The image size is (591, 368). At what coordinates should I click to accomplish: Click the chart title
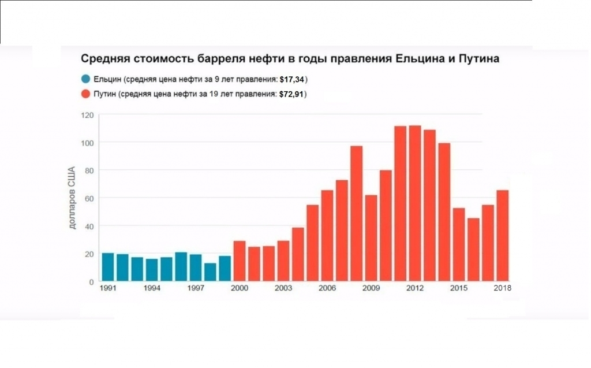coord(289,59)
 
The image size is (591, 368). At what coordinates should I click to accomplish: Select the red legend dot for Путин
coord(85,94)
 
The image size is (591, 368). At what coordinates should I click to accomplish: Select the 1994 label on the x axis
coord(152,288)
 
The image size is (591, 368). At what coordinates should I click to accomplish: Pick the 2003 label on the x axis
coord(283,288)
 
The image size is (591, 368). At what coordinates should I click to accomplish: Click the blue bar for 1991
coord(108,267)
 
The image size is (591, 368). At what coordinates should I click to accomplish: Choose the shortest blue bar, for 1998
coord(210,272)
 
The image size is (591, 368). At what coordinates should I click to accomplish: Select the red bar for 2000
coord(240,261)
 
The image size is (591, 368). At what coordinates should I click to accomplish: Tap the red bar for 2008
coord(357,214)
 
